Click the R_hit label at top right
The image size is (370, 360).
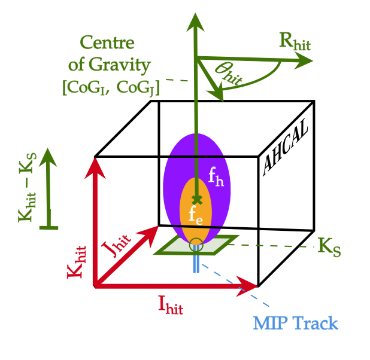(x=295, y=41)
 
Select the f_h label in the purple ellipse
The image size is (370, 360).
(x=216, y=176)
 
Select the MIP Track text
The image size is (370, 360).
(x=295, y=324)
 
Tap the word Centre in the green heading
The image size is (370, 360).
(x=107, y=43)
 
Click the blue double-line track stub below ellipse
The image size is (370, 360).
(x=195, y=264)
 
